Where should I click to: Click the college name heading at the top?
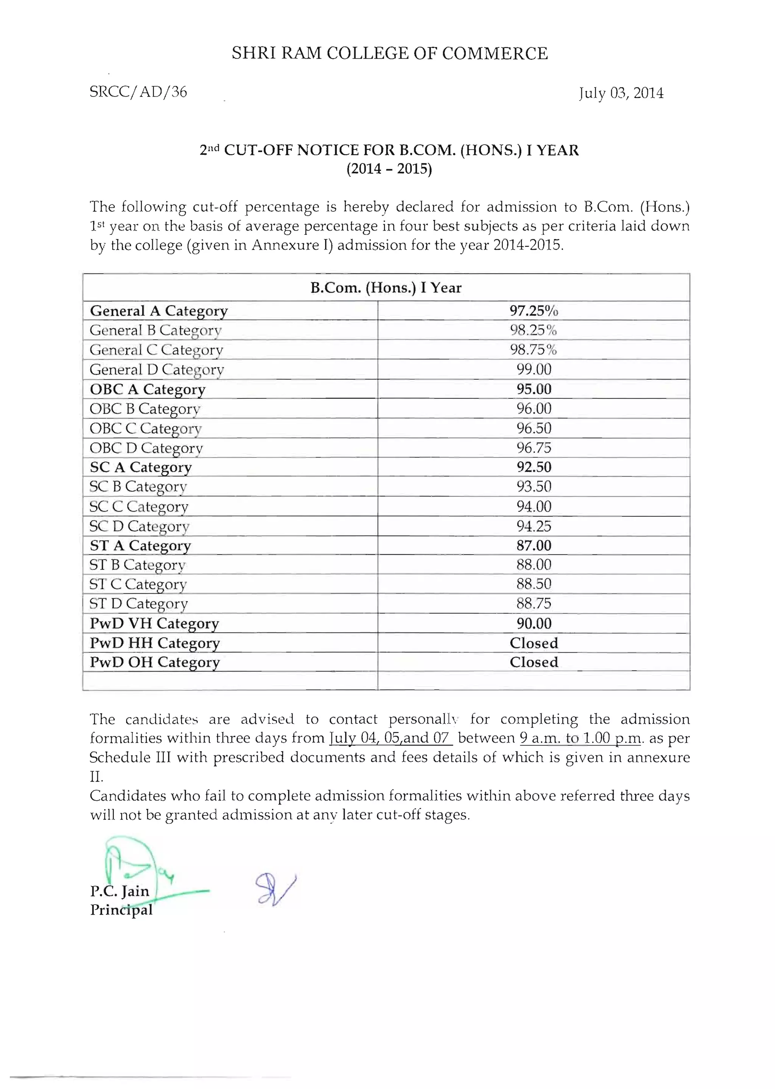[389, 53]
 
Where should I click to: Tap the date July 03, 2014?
[621, 93]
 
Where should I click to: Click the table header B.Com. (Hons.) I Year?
[386, 288]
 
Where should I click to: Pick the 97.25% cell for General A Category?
[534, 311]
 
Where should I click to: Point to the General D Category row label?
[157, 370]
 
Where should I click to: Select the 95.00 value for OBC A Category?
[534, 389]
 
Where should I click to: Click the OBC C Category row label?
[146, 428]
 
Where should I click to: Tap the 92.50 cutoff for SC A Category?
[534, 467]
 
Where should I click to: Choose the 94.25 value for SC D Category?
[534, 526]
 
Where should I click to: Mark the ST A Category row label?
[140, 545]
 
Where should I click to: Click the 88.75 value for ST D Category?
[534, 604]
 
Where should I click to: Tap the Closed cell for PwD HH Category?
[534, 643]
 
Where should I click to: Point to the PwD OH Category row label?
[155, 662]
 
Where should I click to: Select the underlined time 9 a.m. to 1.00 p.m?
[580, 738]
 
